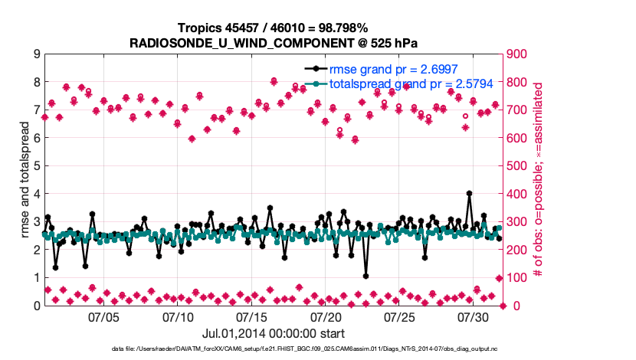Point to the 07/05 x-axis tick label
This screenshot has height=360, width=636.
104,316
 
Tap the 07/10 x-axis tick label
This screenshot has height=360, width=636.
179,316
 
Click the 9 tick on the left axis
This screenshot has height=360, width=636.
37,54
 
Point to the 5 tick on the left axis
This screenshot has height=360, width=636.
37,165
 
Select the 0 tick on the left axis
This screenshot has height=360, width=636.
37,306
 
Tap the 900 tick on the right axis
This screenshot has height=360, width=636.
522,54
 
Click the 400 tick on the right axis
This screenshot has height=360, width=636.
522,194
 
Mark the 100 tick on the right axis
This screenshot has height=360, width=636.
522,277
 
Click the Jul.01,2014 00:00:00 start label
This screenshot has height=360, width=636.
274,333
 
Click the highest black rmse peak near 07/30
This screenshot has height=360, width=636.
469,194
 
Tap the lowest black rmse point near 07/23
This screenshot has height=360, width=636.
366,276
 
